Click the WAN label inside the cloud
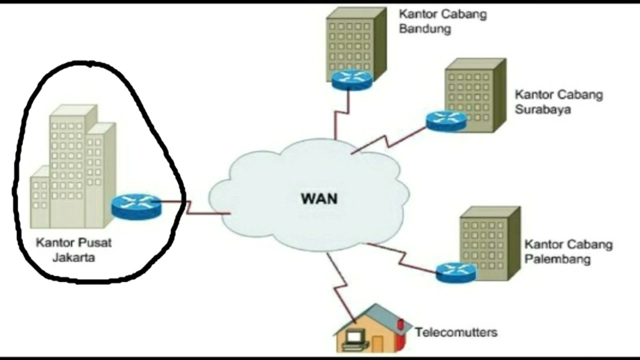tap(319, 198)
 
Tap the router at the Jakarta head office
tap(136, 205)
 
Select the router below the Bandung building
tap(351, 79)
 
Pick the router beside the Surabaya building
tap(446, 120)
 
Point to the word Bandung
tap(424, 29)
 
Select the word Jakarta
tap(73, 258)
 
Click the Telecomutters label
tap(456, 332)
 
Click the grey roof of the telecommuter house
tap(385, 315)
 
